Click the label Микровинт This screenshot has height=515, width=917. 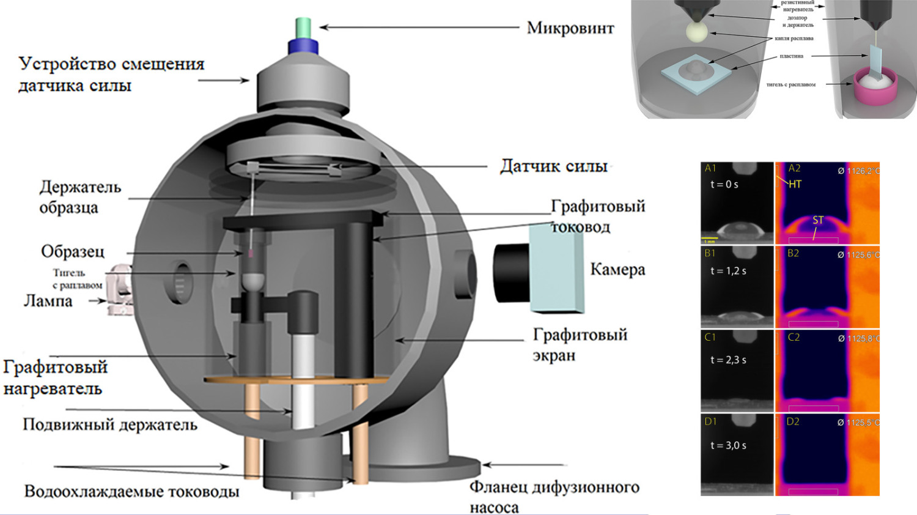570,28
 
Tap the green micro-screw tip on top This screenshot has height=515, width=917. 303,28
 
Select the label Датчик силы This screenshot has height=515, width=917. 553,166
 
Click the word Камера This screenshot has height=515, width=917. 617,270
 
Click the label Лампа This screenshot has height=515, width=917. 48,301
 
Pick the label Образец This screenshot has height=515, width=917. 73,251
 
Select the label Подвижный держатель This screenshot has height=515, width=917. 110,424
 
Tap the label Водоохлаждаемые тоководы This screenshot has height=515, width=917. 131,492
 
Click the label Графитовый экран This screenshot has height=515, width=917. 580,344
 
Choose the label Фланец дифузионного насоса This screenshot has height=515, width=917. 553,497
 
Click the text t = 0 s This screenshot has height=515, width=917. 724,184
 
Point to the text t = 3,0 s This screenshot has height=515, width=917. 728,445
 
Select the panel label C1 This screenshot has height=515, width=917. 710,337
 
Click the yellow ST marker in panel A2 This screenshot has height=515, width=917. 818,220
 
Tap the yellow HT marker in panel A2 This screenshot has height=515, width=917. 795,184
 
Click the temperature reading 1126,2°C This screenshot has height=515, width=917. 859,171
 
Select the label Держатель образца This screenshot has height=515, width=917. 79,197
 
